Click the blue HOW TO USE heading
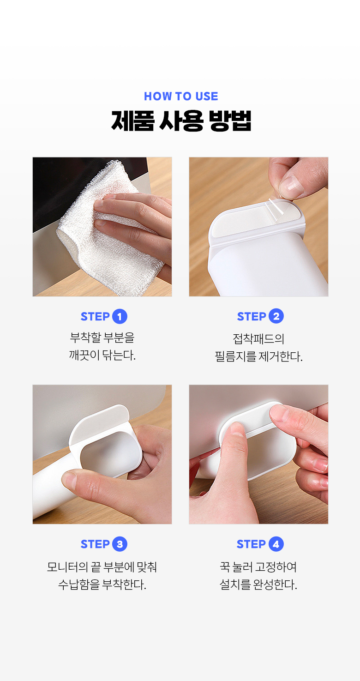coord(181,96)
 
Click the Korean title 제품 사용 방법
coord(181,121)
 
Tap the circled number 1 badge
coord(120,316)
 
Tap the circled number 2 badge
coord(276,316)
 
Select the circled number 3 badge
coord(120,544)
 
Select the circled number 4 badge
coord(276,544)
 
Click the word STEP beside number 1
coord(95,316)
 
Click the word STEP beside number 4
coord(251,544)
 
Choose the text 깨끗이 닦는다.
coord(102,355)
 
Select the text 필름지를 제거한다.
coord(259,356)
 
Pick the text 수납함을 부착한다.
coord(102,584)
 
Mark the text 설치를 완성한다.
coord(258,584)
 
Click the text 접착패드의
coord(258,338)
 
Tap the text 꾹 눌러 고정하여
coord(258,566)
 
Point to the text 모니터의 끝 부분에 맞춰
coord(102,566)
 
